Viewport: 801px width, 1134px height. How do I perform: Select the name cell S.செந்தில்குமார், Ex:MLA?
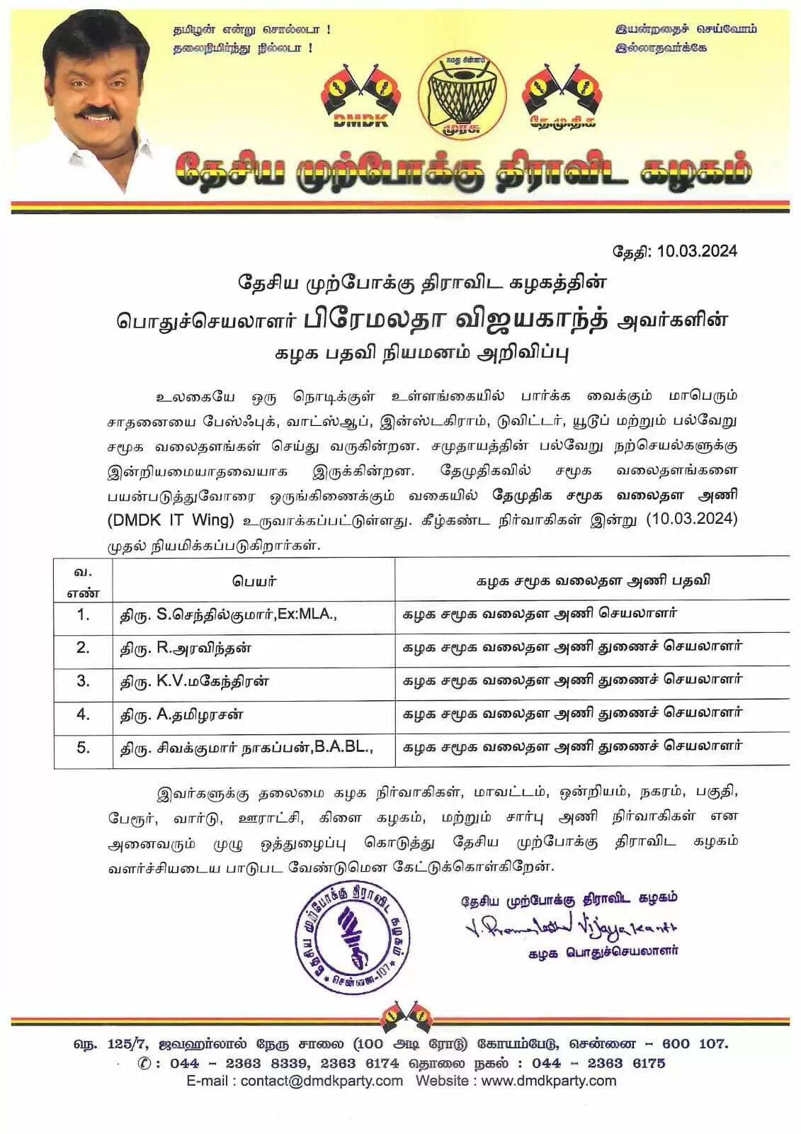[227, 614]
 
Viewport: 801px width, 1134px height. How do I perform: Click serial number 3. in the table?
[83, 681]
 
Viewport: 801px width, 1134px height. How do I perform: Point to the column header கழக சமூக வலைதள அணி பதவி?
[592, 581]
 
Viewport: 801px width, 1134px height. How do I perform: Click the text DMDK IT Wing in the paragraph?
[171, 520]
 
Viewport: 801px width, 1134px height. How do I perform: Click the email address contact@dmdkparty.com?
[322, 1081]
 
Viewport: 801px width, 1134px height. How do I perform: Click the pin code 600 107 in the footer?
[694, 1044]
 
